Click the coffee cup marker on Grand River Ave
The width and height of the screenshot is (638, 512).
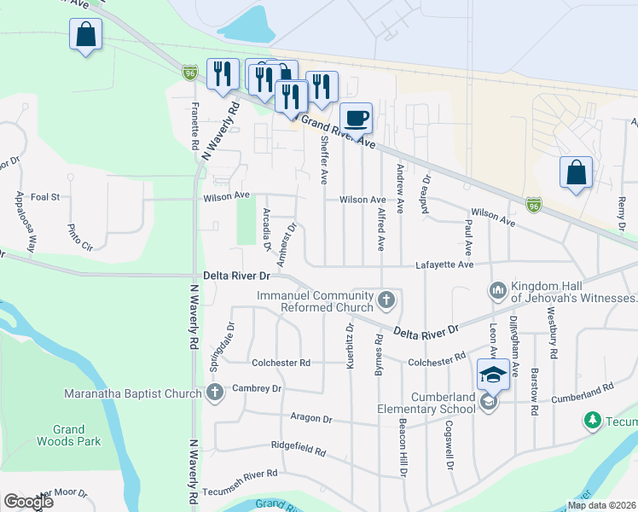coord(356,118)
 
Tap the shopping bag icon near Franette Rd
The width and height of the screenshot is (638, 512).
coord(85,35)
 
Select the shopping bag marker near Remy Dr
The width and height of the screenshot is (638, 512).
coord(576,172)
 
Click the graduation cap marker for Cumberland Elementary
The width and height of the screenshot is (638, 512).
coord(493,374)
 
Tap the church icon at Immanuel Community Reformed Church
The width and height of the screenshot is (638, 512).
coord(387,300)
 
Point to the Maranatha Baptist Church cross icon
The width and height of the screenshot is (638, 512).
coord(214,393)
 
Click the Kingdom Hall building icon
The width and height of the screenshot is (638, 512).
coord(497,292)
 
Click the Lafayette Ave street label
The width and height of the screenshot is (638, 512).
coord(444,265)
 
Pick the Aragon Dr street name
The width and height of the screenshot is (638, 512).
coord(310,419)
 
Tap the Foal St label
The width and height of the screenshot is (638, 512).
coord(44,196)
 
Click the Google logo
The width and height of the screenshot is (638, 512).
coord(28,502)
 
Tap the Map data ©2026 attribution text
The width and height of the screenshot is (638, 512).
coord(600,505)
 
